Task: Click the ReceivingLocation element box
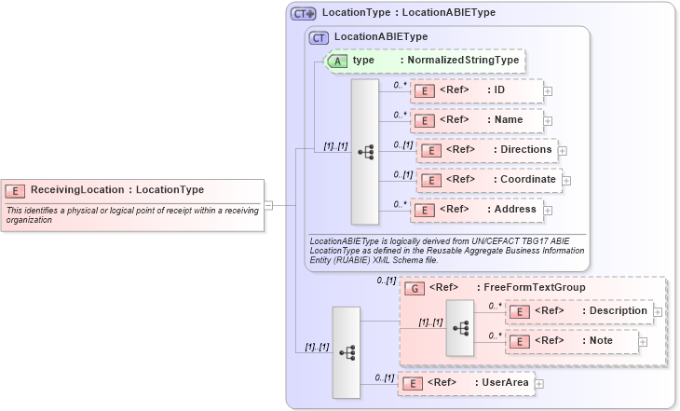pyautogui.click(x=131, y=190)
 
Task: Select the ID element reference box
pyautogui.click(x=476, y=90)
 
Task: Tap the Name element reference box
pyautogui.click(x=476, y=120)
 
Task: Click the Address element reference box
pyautogui.click(x=476, y=210)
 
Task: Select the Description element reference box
pyautogui.click(x=578, y=311)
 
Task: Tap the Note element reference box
pyautogui.click(x=571, y=341)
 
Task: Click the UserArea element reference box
pyautogui.click(x=465, y=383)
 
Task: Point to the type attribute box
pyautogui.click(x=424, y=61)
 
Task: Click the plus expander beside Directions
pyautogui.click(x=563, y=150)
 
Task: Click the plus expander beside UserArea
pyautogui.click(x=539, y=383)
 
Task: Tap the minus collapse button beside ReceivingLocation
pyautogui.click(x=268, y=205)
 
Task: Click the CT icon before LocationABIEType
pyautogui.click(x=319, y=37)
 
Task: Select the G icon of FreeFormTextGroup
pyautogui.click(x=415, y=289)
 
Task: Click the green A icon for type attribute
pyautogui.click(x=338, y=61)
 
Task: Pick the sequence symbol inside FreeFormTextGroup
pyautogui.click(x=459, y=328)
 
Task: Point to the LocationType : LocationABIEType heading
pyautogui.click(x=408, y=13)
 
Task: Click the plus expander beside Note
pyautogui.click(x=643, y=342)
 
